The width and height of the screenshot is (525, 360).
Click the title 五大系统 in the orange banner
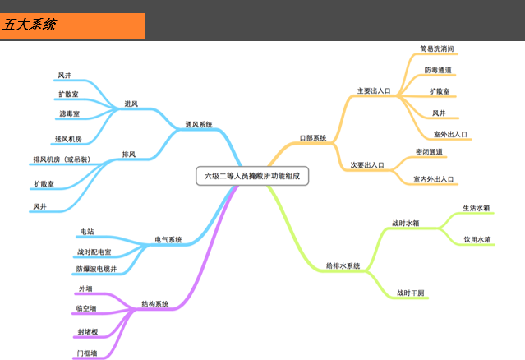pos(30,25)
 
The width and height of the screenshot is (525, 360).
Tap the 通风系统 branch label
pos(198,125)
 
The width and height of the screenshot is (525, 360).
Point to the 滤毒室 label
pos(70,113)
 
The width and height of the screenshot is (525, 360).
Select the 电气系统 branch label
pos(168,240)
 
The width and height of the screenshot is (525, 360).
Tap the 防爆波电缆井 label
pos(97,269)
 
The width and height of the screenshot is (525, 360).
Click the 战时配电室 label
pos(94,252)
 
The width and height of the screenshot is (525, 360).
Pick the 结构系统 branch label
pos(155,304)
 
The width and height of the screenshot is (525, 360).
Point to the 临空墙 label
pos(86,309)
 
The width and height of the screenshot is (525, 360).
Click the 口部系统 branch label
pos(313,138)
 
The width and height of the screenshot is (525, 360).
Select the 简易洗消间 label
pos(437,49)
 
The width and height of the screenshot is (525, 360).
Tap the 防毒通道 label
pos(438,70)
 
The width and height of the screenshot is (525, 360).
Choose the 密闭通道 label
pos(430,152)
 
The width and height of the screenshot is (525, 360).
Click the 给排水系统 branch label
pos(343,266)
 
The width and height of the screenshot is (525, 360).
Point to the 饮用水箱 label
pos(477,240)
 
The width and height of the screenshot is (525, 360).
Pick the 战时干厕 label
pos(412,293)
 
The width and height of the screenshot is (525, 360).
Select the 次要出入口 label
pos(367,165)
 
